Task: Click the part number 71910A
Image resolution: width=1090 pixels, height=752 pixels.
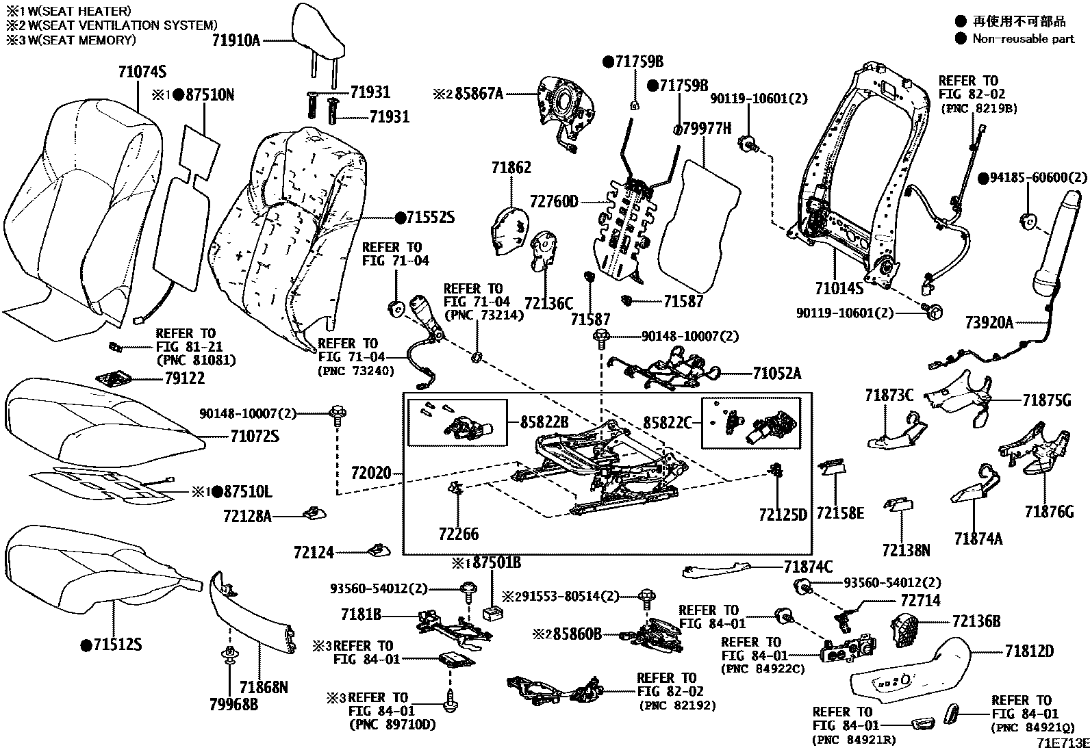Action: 236,40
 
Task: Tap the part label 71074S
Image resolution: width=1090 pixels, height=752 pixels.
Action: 142,72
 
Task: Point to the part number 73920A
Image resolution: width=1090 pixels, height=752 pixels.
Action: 989,322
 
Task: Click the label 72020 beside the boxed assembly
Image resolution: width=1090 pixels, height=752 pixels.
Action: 370,473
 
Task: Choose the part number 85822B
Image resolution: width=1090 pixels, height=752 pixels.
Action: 544,422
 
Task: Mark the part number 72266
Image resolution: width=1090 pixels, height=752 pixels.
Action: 459,534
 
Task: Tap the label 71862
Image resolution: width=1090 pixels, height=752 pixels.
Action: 511,168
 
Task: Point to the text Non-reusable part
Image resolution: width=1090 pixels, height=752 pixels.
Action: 1023,39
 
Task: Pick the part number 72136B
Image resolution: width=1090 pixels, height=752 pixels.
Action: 976,621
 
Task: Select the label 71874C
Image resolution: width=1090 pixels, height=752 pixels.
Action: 808,567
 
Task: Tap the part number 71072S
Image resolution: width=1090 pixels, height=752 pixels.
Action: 255,436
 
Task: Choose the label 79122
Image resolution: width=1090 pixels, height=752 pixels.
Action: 184,378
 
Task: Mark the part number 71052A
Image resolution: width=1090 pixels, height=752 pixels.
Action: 776,374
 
